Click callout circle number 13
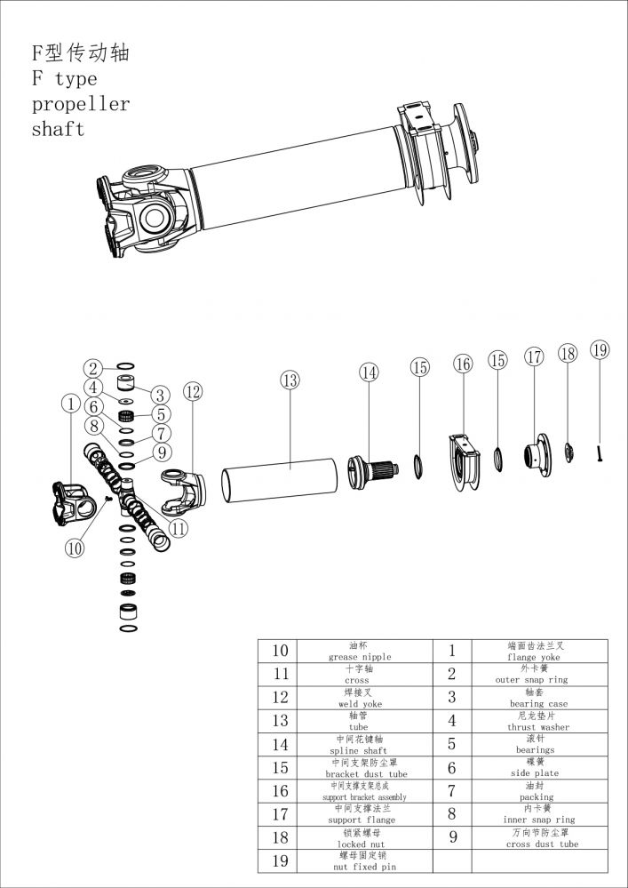[x=289, y=380]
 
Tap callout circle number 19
[x=600, y=349]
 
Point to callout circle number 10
[x=75, y=548]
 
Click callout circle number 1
[x=70, y=404]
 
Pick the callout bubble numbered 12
[x=193, y=391]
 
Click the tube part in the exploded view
[x=278, y=478]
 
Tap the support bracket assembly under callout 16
[x=465, y=460]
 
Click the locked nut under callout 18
[x=568, y=452]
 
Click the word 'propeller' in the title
[x=81, y=104]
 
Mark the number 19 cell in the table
[x=279, y=860]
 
